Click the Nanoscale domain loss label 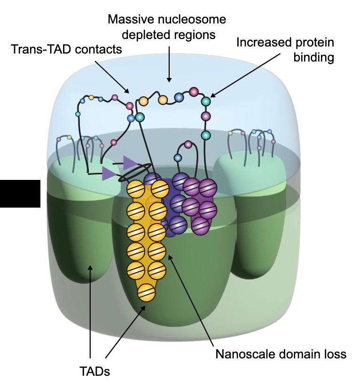click(281, 354)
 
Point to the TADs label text click(94, 371)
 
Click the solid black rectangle click(20, 193)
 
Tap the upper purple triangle click(129, 162)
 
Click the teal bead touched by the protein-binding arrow click(205, 101)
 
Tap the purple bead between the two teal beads click(205, 116)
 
